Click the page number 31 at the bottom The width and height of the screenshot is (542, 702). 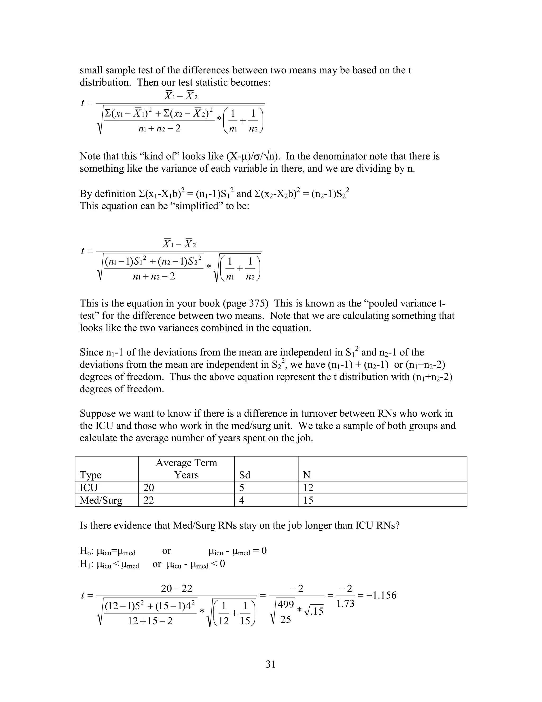click(x=271, y=664)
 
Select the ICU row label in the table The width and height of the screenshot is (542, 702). click(x=89, y=488)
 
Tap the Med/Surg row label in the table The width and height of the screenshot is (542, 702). click(x=101, y=500)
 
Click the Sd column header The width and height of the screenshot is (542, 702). click(x=245, y=475)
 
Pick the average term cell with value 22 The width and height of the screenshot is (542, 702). click(x=149, y=500)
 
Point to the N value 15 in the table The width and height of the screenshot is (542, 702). click(x=308, y=500)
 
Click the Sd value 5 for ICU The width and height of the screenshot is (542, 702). click(x=242, y=488)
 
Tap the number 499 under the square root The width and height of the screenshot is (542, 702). click(x=286, y=605)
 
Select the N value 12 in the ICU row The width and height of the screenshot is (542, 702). click(x=308, y=488)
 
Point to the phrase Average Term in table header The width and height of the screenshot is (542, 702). click(x=186, y=463)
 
